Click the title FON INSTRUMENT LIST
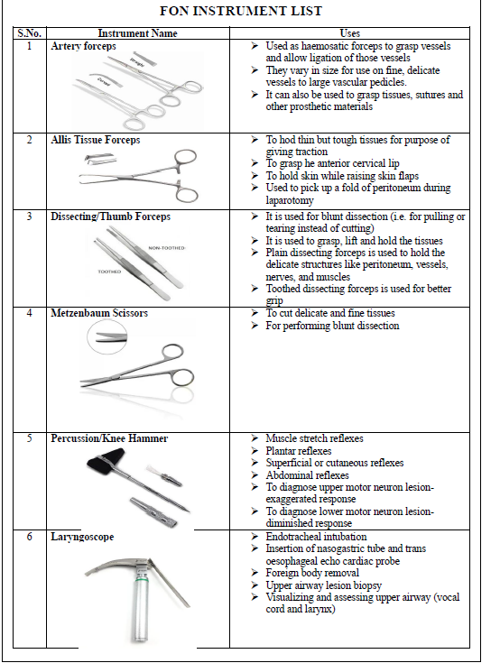pyautogui.click(x=241, y=11)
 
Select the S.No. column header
pyautogui.click(x=30, y=33)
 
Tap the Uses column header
pyautogui.click(x=350, y=33)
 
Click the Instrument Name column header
pyautogui.click(x=137, y=33)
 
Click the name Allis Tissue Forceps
pyautogui.click(x=95, y=140)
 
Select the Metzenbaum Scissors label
pyautogui.click(x=99, y=313)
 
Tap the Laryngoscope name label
pyautogui.click(x=82, y=537)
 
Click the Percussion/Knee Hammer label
pyautogui.click(x=109, y=438)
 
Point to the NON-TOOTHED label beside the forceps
pyautogui.click(x=167, y=248)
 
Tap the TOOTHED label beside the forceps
pyautogui.click(x=109, y=272)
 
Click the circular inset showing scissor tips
pyautogui.click(x=107, y=337)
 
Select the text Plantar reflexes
pyautogui.click(x=299, y=451)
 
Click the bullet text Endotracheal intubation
pyautogui.click(x=316, y=537)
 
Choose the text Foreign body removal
pyautogui.click(x=312, y=574)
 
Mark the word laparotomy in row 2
pyautogui.click(x=290, y=200)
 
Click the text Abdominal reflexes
pyautogui.click(x=307, y=475)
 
